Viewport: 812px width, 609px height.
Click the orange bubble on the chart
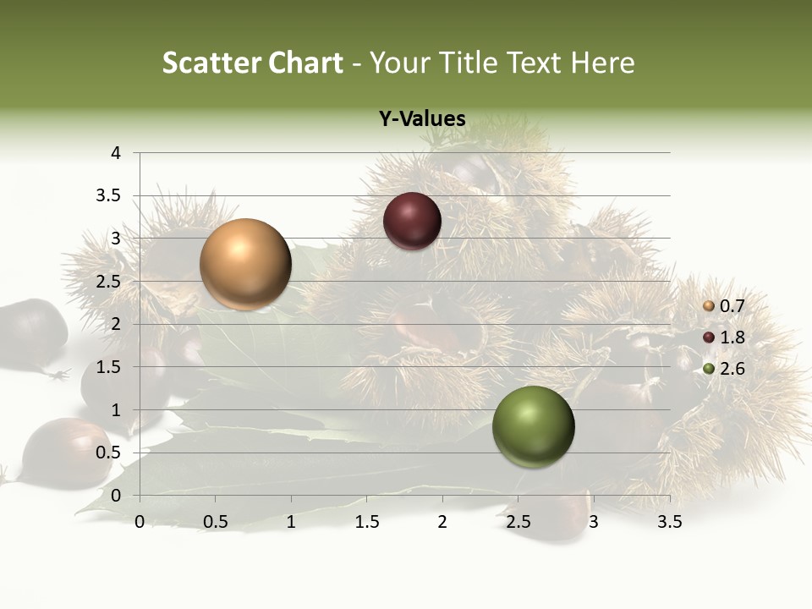point(245,264)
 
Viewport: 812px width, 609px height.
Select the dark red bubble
point(412,222)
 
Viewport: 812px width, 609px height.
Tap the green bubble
point(533,426)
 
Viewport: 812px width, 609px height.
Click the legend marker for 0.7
point(709,306)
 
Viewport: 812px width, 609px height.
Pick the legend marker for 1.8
point(709,337)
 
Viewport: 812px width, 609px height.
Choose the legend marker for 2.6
point(709,368)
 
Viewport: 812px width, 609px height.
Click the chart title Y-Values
point(422,119)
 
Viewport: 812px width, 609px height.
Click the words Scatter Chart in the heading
point(253,63)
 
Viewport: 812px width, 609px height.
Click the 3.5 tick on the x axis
point(669,522)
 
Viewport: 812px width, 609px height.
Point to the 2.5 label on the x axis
point(518,522)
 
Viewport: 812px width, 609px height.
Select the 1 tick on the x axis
point(291,522)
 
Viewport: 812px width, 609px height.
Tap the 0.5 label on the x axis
point(215,522)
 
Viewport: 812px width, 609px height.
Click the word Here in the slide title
point(602,63)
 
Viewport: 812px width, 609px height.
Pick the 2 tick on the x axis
point(442,522)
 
